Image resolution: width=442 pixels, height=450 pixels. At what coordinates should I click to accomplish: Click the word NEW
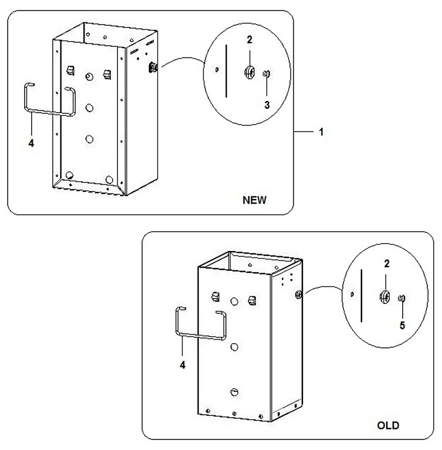255,199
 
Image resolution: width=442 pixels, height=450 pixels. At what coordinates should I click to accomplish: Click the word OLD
388,425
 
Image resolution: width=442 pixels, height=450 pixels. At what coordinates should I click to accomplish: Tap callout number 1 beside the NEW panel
321,132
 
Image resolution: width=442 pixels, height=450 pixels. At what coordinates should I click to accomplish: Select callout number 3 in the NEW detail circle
267,105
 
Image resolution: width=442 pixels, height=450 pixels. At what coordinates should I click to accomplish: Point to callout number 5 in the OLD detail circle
402,325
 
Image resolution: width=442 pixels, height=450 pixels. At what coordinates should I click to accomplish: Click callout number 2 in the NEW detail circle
249,40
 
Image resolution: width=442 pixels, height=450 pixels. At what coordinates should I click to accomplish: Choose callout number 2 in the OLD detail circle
387,263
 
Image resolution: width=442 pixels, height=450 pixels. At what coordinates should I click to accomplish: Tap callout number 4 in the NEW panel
31,143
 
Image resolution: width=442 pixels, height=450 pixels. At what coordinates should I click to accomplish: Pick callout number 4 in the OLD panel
183,365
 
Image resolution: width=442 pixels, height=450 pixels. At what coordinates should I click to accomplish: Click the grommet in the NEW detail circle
249,72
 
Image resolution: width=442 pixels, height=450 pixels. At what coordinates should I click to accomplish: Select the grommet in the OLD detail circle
384,296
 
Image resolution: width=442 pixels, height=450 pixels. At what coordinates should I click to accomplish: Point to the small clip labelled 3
266,73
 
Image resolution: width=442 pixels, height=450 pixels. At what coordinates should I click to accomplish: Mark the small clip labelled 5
401,299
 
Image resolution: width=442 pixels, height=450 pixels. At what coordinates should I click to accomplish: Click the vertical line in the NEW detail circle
227,71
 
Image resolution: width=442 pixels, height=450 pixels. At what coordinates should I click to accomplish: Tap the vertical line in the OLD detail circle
362,295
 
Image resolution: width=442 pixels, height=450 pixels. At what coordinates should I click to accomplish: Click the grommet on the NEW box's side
153,67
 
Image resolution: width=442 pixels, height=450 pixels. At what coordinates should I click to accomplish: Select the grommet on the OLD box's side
298,294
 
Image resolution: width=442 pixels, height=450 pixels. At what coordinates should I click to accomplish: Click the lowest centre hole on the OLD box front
234,392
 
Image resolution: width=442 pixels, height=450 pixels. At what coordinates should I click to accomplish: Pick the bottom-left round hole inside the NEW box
70,175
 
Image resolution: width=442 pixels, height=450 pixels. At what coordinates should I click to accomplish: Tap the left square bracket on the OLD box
215,296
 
